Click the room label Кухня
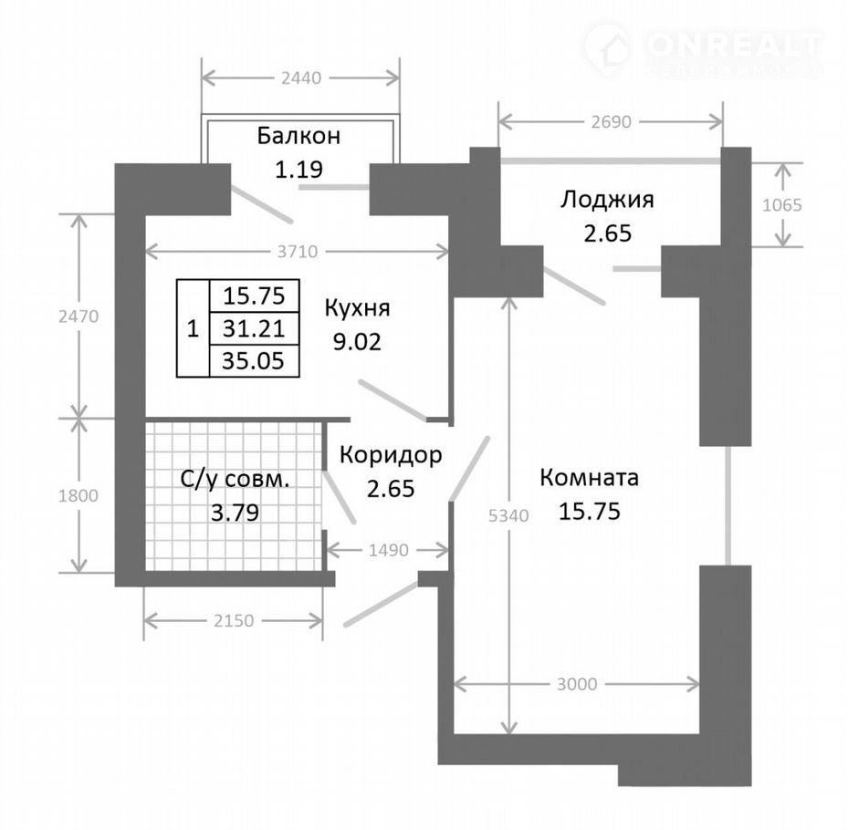[357, 308]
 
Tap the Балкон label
[298, 136]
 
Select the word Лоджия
[607, 200]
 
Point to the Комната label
[589, 478]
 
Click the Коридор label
[391, 455]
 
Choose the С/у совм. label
[235, 480]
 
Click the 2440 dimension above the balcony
[301, 78]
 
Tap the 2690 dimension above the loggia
[611, 122]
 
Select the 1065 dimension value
[782, 205]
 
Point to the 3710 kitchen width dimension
[298, 252]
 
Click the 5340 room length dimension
[508, 516]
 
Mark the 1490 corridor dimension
[388, 551]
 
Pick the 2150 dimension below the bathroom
[234, 621]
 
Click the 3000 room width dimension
[577, 685]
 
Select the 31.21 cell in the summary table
[254, 328]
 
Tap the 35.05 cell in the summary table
[254, 360]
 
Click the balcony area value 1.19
[299, 170]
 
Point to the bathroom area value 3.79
[235, 513]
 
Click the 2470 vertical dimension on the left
[79, 316]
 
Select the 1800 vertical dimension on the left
[79, 496]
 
